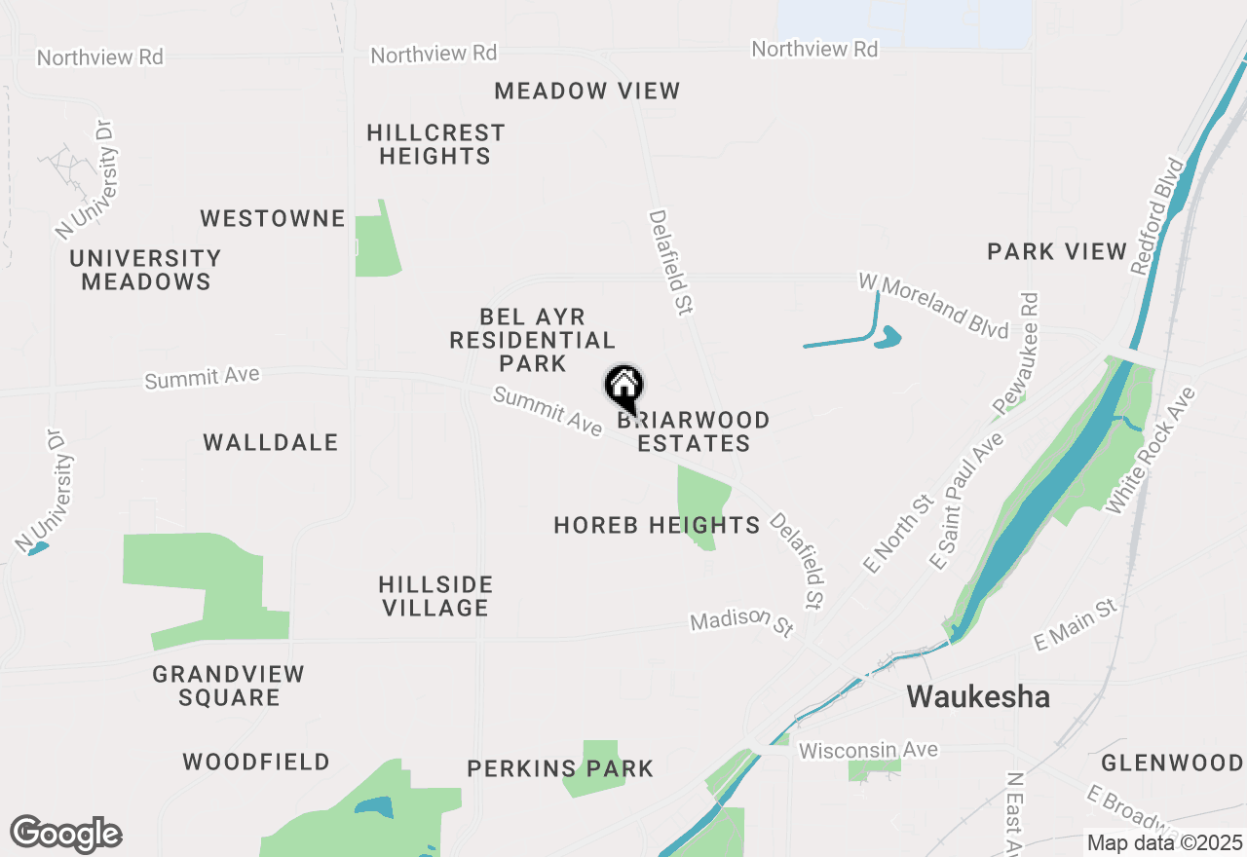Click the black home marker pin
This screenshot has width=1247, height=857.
point(623,389)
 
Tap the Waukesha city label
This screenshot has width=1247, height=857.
point(978,697)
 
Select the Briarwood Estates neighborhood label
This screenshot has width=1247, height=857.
point(694,431)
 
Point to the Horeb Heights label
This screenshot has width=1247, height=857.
point(657,526)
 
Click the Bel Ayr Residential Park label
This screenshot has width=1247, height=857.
point(532,340)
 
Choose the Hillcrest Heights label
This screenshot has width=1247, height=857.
point(435,144)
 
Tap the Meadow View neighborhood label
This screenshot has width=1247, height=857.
point(586,92)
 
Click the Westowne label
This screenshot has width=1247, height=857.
point(273,218)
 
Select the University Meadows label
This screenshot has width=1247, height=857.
point(146,270)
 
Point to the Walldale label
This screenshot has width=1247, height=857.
point(271,443)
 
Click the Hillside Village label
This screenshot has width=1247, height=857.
point(435,596)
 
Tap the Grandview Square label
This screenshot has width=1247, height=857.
point(229,686)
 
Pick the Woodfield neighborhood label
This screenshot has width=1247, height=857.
point(256,762)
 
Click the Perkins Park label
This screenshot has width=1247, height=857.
point(560,768)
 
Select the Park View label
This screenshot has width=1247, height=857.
point(1057,251)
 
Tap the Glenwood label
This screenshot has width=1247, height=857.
point(1172,762)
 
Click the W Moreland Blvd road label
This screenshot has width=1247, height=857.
point(933,306)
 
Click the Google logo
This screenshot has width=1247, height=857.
point(66,835)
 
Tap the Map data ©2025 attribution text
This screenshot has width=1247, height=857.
point(1164,842)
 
